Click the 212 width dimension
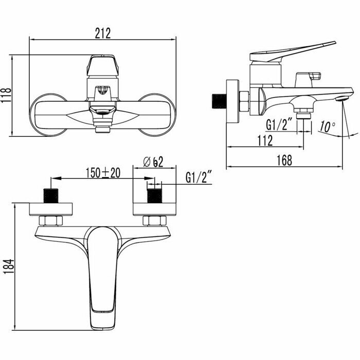click(103, 33)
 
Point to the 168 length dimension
click(284, 160)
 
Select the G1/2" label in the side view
click(279, 125)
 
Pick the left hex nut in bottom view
click(51, 221)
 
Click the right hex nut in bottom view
click(153, 221)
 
